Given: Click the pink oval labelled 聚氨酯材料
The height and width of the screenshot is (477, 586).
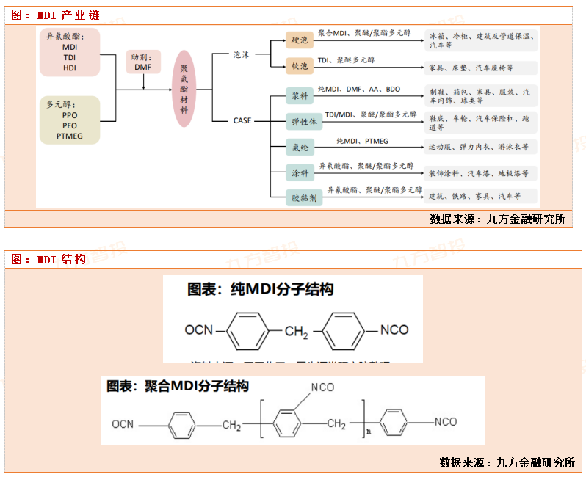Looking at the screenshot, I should coord(184,88).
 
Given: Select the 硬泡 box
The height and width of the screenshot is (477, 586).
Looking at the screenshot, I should coord(300,40).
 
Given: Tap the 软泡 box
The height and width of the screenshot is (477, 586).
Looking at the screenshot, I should coord(300,67).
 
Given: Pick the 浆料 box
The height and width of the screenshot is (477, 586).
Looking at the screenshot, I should coord(300,95).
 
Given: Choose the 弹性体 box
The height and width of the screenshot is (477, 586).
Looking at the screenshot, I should coord(303,122).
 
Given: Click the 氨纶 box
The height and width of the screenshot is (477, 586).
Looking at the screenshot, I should coord(300,147).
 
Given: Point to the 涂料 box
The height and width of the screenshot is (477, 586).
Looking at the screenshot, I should coord(300,172).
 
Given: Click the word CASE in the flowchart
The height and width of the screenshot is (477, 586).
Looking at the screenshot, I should coord(242,121).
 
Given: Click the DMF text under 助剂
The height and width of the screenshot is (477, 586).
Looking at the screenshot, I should coord(142,67).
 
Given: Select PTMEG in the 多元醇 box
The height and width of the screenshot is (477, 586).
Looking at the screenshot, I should coord(70,136).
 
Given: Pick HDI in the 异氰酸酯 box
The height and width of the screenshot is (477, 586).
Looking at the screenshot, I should coord(70,68).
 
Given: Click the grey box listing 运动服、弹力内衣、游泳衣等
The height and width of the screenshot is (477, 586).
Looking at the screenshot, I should coord(480,147).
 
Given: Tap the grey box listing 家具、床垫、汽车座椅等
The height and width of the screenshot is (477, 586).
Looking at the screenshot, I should coord(480,68).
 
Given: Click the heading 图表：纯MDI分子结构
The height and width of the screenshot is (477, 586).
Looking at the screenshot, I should coord(260,289).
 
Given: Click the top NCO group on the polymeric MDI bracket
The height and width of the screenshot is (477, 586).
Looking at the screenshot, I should coord(323,387).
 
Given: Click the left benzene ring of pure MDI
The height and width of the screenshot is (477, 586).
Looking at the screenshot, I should coord(250,330).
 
